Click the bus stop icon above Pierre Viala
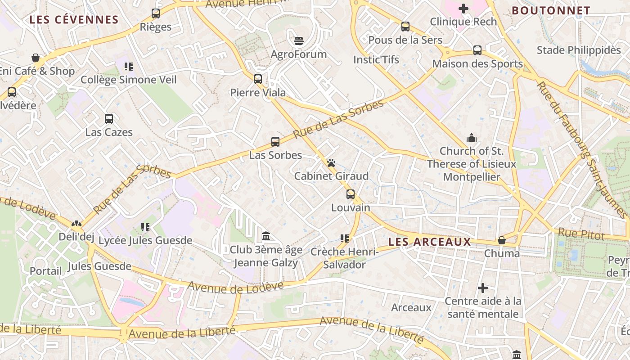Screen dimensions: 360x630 coord(258,79)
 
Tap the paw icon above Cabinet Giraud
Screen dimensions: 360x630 coord(331,163)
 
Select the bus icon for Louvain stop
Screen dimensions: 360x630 coord(351,194)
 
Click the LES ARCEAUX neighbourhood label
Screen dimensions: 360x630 coord(429,242)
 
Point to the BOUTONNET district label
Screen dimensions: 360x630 coord(551,10)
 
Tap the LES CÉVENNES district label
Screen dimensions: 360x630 coord(74,20)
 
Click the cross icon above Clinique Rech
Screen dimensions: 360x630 coord(463,9)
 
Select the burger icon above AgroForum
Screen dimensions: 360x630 coord(299,41)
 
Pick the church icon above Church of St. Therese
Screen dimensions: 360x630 coord(472,137)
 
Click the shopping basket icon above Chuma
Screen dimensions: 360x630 coord(502,240)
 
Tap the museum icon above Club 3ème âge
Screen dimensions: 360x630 coord(266,236)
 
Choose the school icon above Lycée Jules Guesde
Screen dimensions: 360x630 coord(145,227)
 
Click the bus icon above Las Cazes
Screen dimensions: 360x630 coord(109,119)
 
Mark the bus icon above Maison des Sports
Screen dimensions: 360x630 coord(477,50)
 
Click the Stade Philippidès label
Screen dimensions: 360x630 coord(579,50)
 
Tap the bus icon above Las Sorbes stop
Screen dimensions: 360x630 coord(275,142)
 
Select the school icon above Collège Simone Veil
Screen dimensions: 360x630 coord(129,67)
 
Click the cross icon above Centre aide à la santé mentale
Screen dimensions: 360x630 coord(483,288)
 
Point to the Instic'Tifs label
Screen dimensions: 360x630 coord(376,59)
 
